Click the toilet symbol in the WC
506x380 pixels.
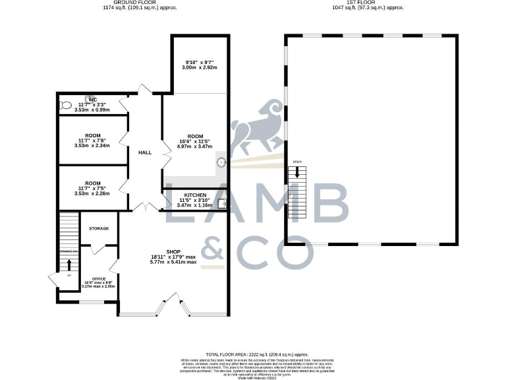[65, 104]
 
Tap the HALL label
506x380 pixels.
[145, 152]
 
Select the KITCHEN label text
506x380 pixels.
[196, 196]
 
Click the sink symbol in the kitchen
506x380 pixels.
[222, 203]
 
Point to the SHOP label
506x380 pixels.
[173, 251]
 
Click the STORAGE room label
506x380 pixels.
[99, 228]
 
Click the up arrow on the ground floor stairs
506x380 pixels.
[69, 265]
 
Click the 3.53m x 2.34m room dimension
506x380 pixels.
[92, 146]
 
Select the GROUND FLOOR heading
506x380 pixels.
[129, 3]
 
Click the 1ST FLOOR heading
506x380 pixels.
[368, 3]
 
